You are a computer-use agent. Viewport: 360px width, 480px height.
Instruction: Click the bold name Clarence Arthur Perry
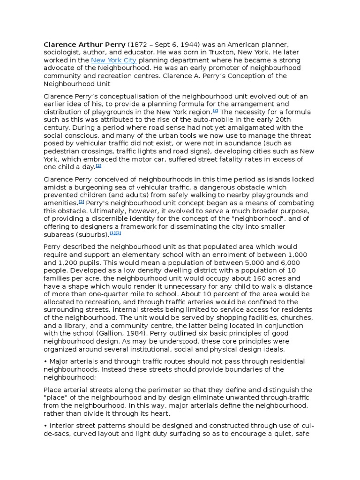(84, 45)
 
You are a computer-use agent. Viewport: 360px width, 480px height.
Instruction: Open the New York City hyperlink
(114, 60)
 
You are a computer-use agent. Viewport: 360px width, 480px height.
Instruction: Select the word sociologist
(62, 52)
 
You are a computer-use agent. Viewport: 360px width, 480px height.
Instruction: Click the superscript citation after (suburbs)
(115, 233)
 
